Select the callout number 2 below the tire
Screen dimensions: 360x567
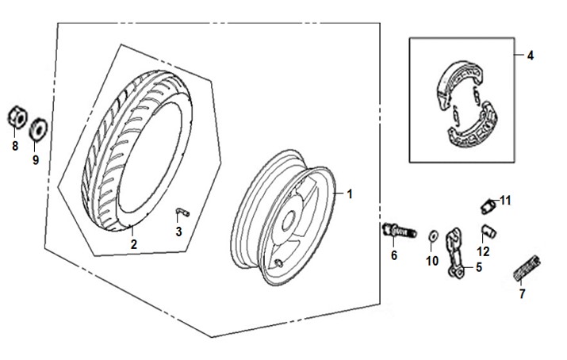tap(133, 245)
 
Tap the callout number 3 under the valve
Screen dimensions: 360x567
tap(179, 232)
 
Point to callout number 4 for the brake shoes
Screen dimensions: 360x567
tap(531, 55)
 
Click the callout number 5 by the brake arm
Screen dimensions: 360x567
tap(478, 267)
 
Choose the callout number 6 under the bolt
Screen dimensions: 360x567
tap(393, 255)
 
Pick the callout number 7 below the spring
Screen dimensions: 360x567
tap(521, 294)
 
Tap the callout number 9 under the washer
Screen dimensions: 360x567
tap(35, 159)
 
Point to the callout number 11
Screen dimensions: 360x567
tap(505, 199)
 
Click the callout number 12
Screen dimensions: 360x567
tap(483, 251)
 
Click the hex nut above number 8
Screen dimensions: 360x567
tap(14, 120)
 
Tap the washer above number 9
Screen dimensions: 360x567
tap(36, 128)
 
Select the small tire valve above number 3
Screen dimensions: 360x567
tap(181, 211)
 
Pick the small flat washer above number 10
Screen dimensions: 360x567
tap(431, 236)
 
